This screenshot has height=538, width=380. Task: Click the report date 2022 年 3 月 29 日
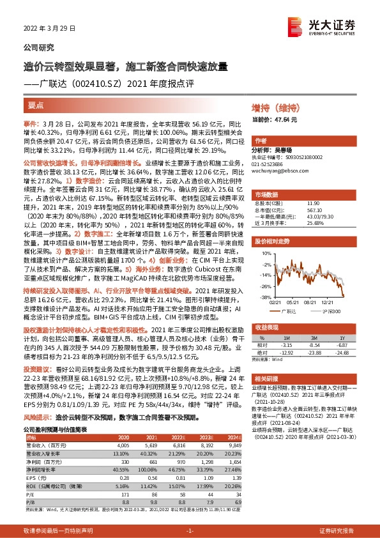[49, 29]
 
